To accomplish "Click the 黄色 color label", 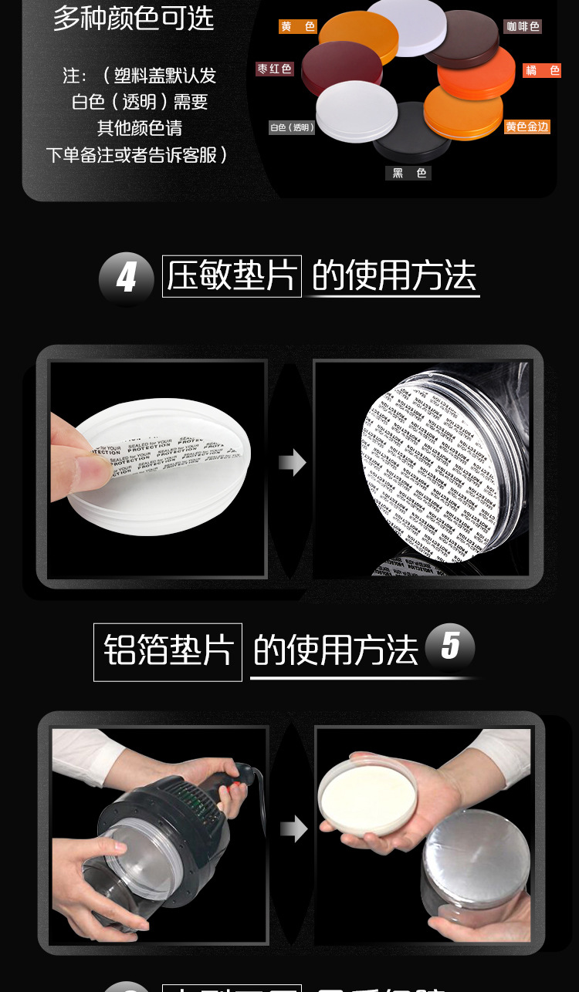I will (x=298, y=27).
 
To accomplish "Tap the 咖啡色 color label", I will (x=523, y=27).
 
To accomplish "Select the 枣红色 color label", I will (x=275, y=69).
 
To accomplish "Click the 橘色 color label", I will (x=542, y=70).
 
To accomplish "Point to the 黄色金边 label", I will (x=527, y=127).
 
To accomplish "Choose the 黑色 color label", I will (x=408, y=174).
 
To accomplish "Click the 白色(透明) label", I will (x=292, y=127).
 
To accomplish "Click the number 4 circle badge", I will (x=126, y=277).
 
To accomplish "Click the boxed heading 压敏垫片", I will (x=232, y=275).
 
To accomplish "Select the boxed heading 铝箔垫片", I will (x=168, y=652).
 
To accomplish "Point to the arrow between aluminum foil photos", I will (x=293, y=830).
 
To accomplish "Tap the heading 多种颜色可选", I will (x=133, y=17).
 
